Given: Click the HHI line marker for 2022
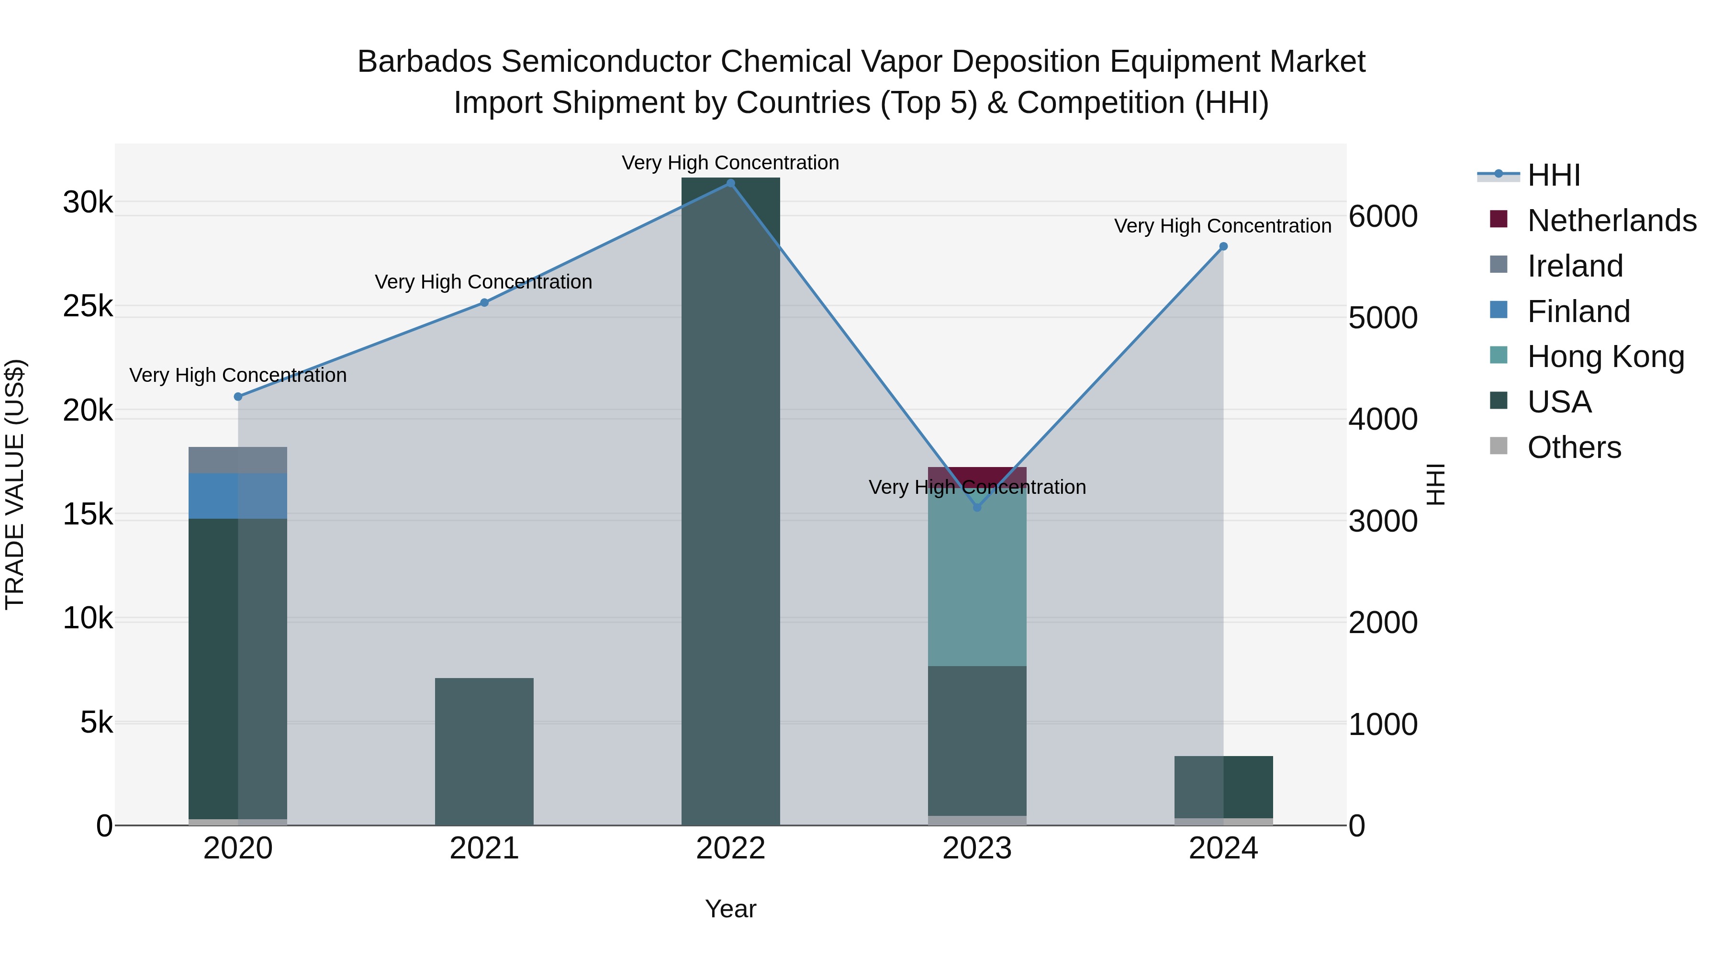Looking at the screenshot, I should pyautogui.click(x=730, y=183).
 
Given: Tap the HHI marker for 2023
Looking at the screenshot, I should pyautogui.click(x=977, y=508).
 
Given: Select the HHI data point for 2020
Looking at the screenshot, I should pyautogui.click(x=238, y=397).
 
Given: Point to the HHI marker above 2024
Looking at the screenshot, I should pyautogui.click(x=1223, y=247).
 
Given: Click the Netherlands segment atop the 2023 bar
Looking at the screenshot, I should pyautogui.click(x=977, y=474).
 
